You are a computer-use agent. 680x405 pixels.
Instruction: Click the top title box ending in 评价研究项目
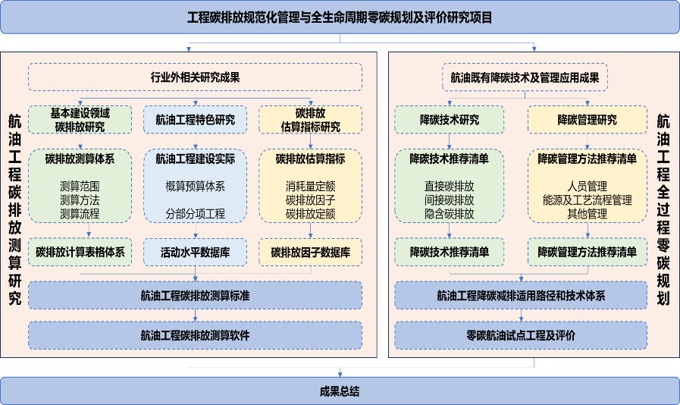[340, 17]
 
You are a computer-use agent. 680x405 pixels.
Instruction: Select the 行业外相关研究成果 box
[195, 77]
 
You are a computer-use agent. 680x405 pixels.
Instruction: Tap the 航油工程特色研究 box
[195, 120]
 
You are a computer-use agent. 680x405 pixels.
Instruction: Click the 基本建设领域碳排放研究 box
[80, 120]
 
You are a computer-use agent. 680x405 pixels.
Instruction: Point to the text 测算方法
[80, 199]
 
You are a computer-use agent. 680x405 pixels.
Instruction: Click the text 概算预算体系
[195, 185]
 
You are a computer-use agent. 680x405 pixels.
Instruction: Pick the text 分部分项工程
[195, 214]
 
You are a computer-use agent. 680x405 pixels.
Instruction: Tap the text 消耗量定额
[310, 185]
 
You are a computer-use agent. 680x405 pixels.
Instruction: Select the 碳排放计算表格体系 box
[80, 252]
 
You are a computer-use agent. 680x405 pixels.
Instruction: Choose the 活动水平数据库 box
[195, 252]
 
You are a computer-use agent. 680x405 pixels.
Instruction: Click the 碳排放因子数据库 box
[310, 252]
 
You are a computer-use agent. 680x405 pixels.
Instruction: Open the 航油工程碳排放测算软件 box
[195, 334]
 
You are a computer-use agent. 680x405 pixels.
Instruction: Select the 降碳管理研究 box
[587, 120]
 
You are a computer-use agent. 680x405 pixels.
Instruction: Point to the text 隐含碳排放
[449, 214]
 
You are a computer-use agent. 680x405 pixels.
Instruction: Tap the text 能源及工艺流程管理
[587, 199]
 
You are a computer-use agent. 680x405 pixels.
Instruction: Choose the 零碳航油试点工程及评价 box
[520, 334]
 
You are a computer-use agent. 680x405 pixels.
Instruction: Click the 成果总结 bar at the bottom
[340, 391]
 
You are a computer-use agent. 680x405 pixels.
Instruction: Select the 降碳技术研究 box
[449, 120]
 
